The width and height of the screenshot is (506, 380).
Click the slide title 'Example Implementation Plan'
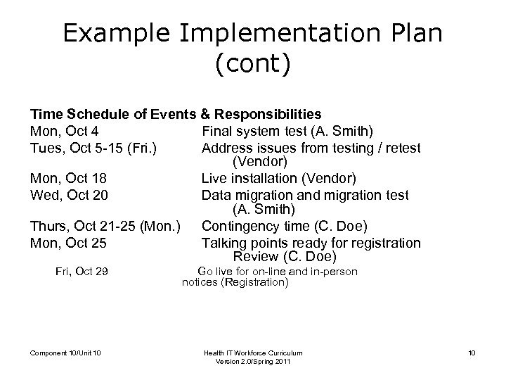pyautogui.click(x=253, y=34)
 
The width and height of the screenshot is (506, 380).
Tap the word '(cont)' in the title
pyautogui.click(x=252, y=64)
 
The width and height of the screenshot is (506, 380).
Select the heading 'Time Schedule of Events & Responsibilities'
pyautogui.click(x=176, y=113)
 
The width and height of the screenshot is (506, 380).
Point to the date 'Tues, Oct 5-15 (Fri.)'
pyautogui.click(x=93, y=148)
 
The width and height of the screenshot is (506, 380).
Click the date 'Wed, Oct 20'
pyautogui.click(x=68, y=194)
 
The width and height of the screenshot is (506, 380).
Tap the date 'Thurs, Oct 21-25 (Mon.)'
pyautogui.click(x=105, y=226)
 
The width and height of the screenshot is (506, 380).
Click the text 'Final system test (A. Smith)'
pyautogui.click(x=288, y=131)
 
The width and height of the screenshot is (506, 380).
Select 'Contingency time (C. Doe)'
pyautogui.click(x=285, y=226)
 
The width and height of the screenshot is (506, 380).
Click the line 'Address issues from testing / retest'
pyautogui.click(x=311, y=148)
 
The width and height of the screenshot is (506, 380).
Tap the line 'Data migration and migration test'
pyautogui.click(x=305, y=194)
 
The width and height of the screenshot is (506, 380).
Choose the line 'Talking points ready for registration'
pyautogui.click(x=311, y=243)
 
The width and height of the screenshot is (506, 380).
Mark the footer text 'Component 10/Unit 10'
pyautogui.click(x=65, y=353)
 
